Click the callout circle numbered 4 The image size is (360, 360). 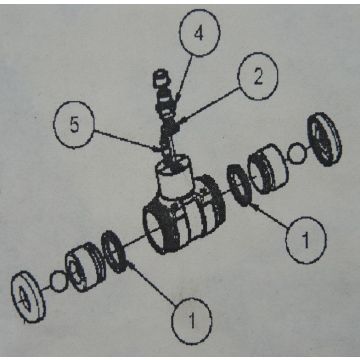tap(199, 33)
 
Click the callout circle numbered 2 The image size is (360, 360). tap(257, 76)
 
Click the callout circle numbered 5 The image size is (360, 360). tap(74, 125)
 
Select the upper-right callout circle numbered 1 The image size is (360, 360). tap(306, 240)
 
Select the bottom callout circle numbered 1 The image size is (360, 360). tap(191, 321)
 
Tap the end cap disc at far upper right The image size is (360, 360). tap(325, 139)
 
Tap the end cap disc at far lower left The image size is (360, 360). tap(28, 297)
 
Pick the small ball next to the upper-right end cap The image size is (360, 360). tap(296, 153)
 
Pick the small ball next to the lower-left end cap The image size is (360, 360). tap(59, 281)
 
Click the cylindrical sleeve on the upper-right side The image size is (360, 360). tap(268, 169)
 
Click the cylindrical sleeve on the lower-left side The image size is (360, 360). tap(85, 267)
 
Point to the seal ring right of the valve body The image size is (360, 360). tap(239, 185)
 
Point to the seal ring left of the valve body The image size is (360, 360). tap(114, 252)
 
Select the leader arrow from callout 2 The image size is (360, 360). tap(209, 104)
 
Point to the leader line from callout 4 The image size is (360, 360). tap(184, 79)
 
